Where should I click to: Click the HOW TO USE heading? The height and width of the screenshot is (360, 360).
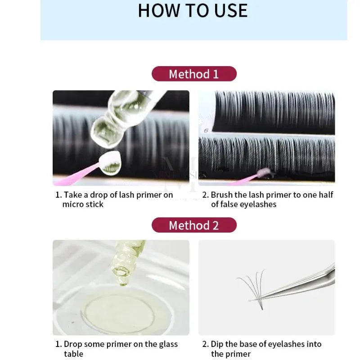pos(193,10)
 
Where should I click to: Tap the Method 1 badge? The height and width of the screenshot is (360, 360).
pos(193,74)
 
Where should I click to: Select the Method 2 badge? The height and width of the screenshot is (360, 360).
pos(193,225)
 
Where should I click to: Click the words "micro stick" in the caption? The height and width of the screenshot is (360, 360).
pos(83,204)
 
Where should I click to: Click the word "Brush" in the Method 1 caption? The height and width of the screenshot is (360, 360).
pos(222,195)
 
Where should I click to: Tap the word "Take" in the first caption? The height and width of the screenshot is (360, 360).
pos(72,195)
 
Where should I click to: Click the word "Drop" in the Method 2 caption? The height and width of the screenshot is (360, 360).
pos(73,344)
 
